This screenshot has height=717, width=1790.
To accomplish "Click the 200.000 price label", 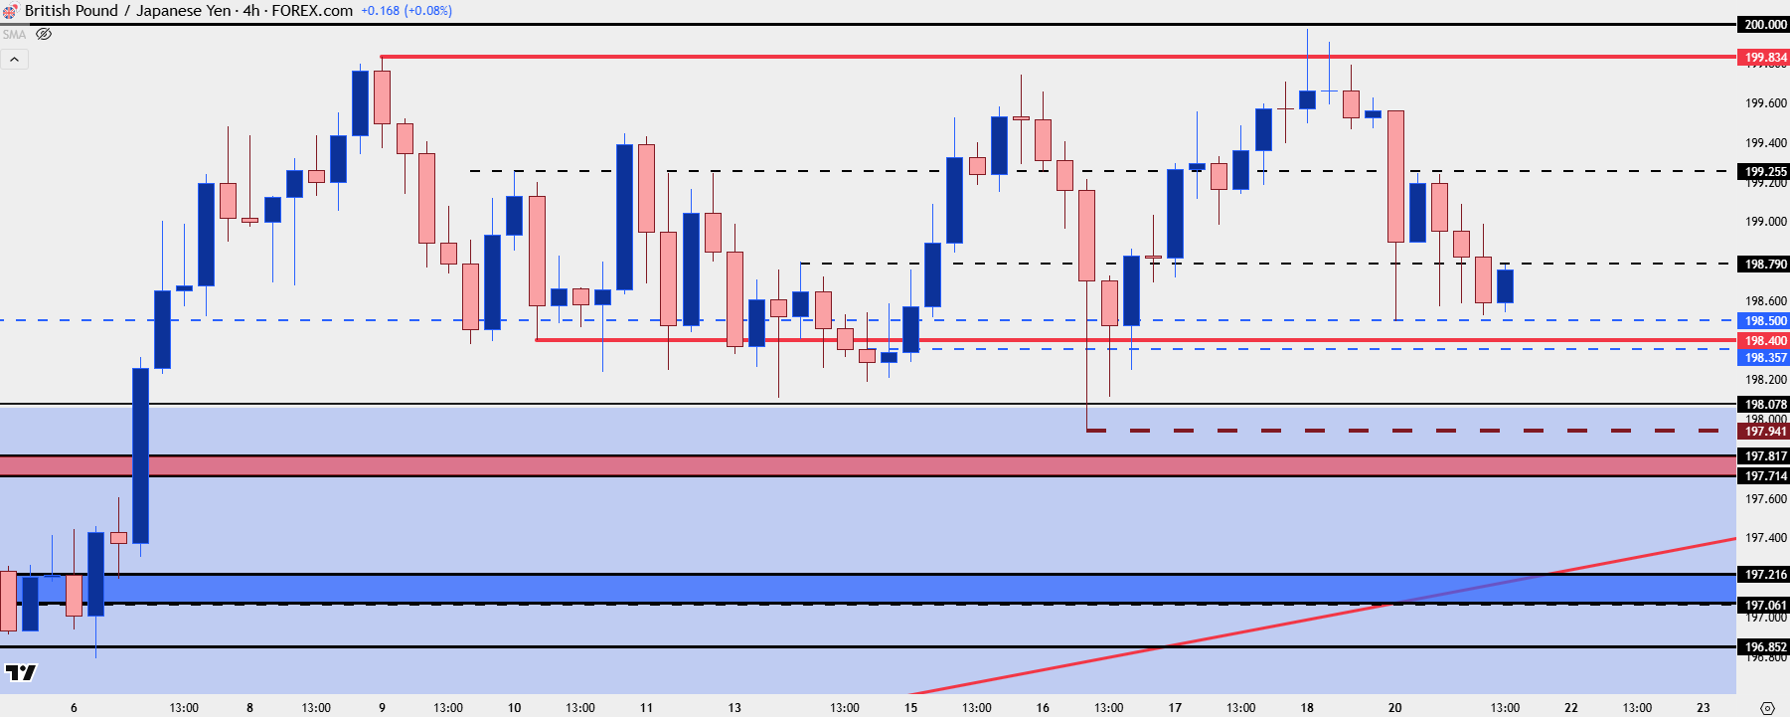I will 1764,25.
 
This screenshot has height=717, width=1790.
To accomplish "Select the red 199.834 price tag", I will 1764,58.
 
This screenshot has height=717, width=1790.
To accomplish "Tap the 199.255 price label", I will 1764,171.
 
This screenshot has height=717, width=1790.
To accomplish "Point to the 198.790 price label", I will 1764,265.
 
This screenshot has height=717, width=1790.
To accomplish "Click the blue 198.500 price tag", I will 1764,321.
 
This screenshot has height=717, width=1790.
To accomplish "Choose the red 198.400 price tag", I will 1764,341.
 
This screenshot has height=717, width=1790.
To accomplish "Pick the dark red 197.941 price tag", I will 1764,432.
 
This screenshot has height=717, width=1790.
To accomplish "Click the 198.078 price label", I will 1764,404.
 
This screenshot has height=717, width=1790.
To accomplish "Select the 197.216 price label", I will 1764,575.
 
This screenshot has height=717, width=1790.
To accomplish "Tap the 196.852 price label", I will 1764,647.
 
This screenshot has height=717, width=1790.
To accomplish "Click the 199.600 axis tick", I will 1765,103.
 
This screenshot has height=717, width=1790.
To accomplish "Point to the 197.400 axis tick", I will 1765,538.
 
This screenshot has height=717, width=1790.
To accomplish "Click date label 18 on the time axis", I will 1307,708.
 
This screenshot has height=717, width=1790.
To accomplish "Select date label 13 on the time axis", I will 734,708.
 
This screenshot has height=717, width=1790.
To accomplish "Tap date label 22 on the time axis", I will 1571,708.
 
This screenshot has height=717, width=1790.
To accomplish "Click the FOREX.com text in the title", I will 312,11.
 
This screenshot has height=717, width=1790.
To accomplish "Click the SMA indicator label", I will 14,35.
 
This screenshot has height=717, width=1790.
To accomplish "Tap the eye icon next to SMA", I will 44,35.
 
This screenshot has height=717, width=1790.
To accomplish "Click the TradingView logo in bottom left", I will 20,673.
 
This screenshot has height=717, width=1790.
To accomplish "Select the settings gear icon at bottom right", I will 1766,708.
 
